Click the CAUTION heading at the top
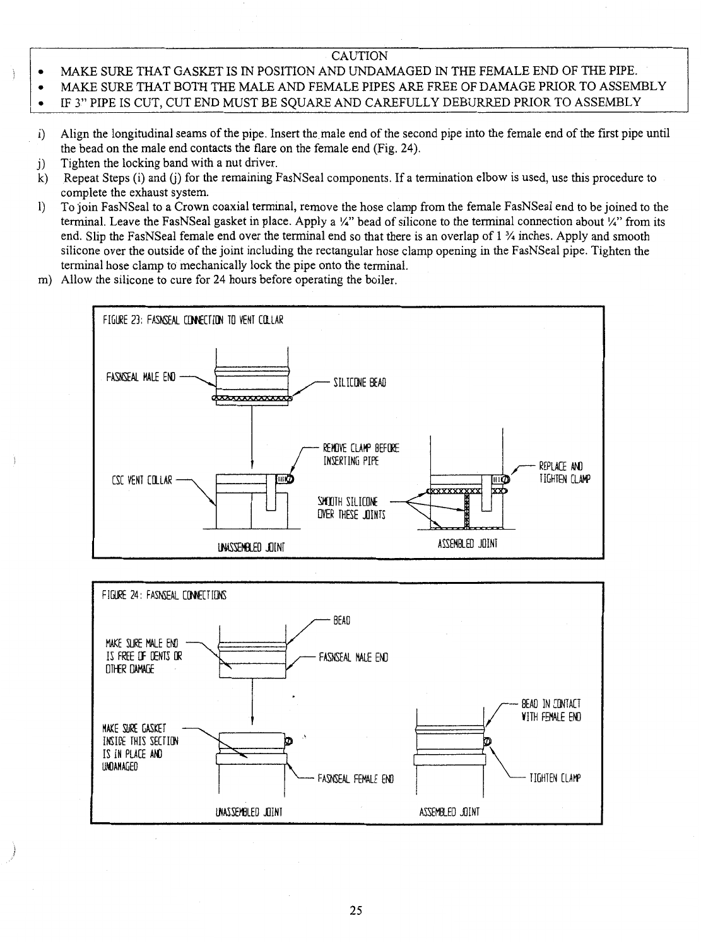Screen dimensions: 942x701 click(x=359, y=55)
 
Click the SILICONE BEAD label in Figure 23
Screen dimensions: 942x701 click(x=359, y=383)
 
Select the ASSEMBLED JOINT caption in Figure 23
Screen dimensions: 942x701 click(x=468, y=543)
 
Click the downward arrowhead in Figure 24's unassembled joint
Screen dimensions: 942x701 click(x=252, y=722)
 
